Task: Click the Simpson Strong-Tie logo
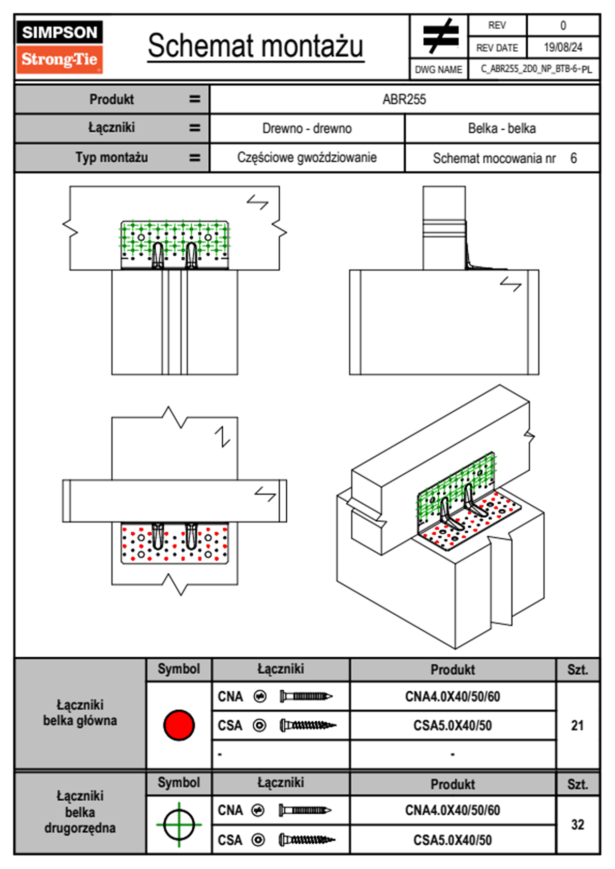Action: [59, 46]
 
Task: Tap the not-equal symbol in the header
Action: [440, 36]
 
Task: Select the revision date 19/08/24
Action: [563, 48]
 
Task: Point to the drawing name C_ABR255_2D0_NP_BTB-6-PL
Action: [536, 69]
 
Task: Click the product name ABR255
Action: [404, 100]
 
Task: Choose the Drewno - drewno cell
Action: [307, 129]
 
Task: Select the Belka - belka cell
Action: [501, 129]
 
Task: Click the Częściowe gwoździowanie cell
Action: [307, 158]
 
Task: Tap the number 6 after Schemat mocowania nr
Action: [573, 158]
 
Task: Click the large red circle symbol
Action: [179, 725]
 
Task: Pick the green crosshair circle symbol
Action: [179, 825]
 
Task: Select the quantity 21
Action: [577, 725]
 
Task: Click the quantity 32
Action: [577, 825]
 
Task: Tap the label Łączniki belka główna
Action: [80, 713]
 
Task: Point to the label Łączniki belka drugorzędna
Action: [80, 812]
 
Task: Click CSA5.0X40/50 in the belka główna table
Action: [452, 726]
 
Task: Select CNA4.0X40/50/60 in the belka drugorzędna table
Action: [452, 810]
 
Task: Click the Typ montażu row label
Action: [112, 158]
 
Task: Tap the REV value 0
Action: [563, 25]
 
